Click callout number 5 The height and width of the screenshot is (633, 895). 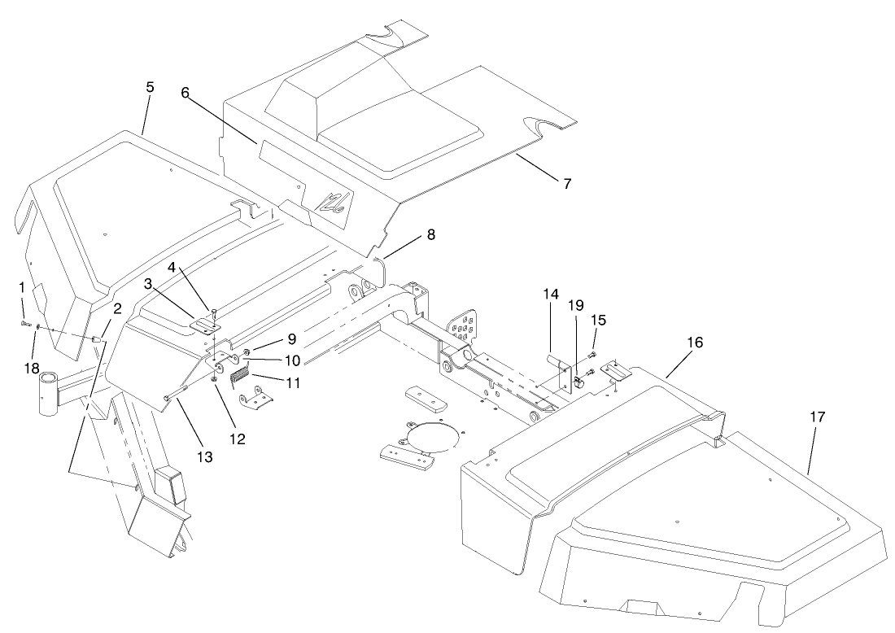tap(149, 87)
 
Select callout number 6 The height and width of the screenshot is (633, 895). tap(186, 93)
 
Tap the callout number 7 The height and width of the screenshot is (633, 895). tap(566, 183)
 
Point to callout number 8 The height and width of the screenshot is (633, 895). tap(430, 234)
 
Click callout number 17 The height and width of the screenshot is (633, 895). tap(817, 417)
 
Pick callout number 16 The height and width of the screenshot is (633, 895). tap(694, 343)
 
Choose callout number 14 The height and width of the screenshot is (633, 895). tap(552, 294)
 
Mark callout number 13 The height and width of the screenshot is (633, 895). tap(204, 457)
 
